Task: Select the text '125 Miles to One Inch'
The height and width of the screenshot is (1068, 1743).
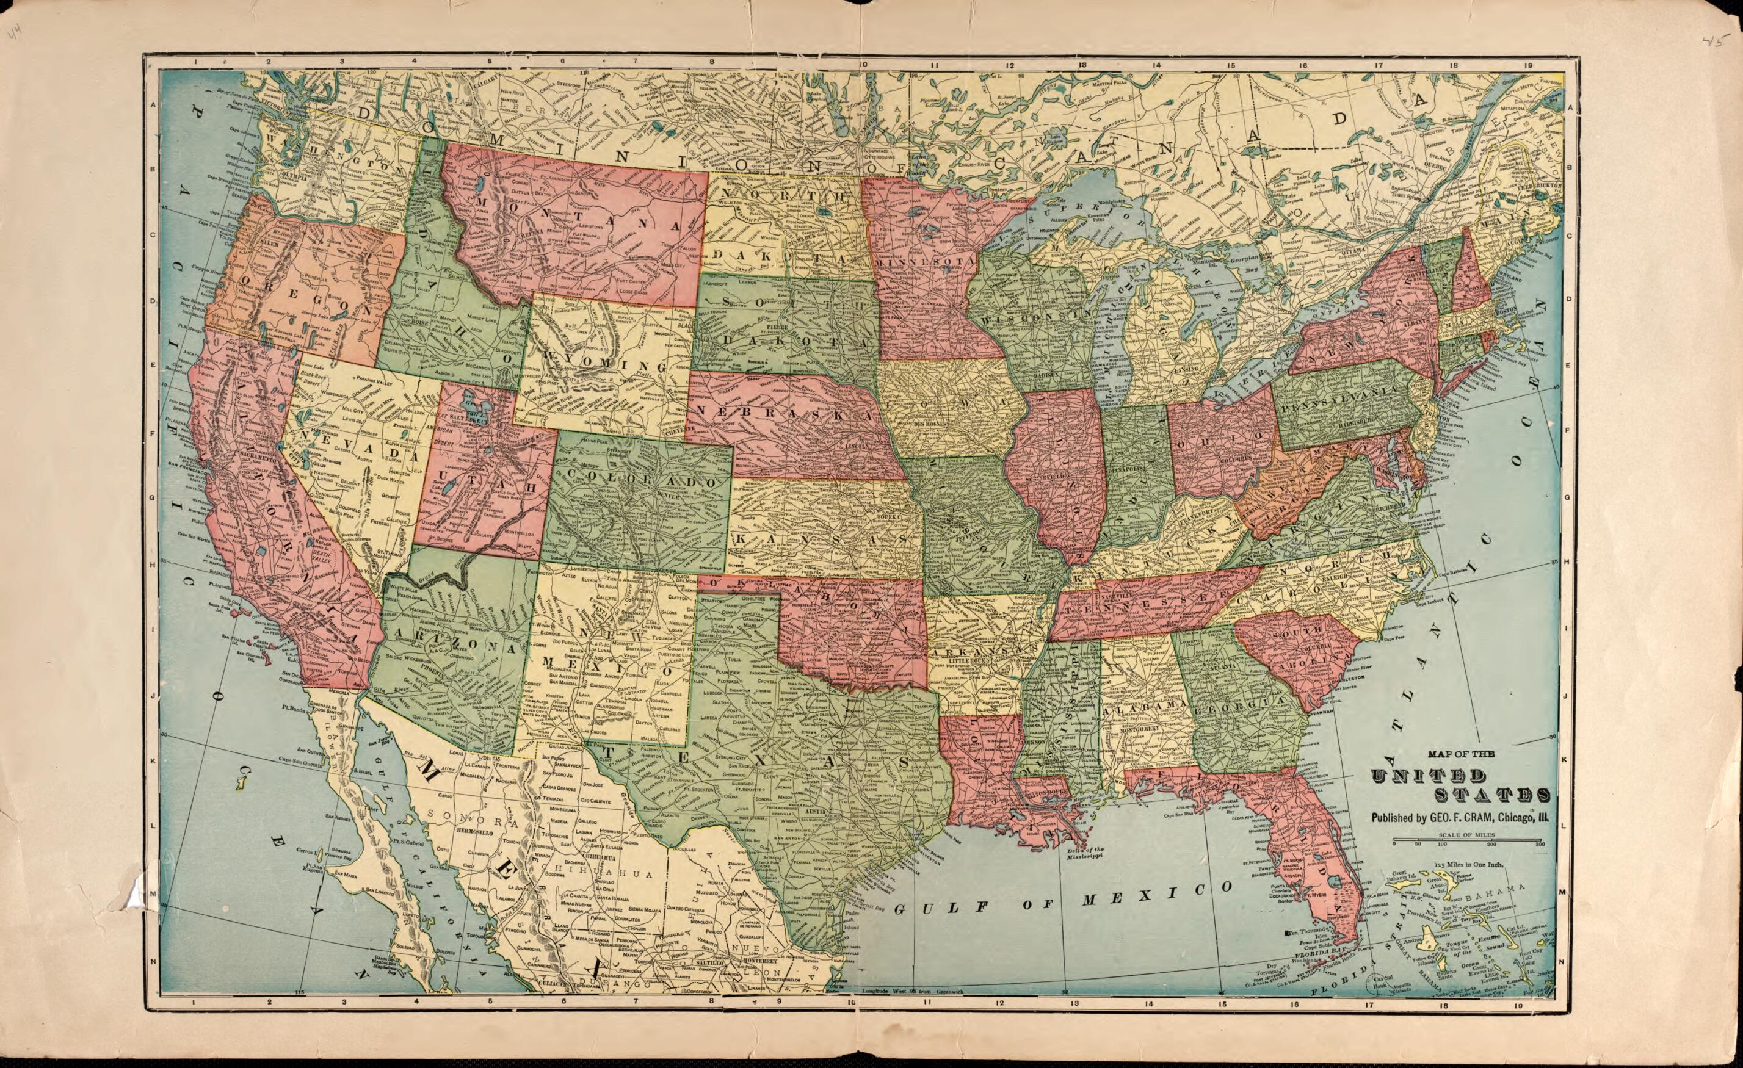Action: pyautogui.click(x=1467, y=864)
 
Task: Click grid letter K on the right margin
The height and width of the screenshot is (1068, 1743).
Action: pyautogui.click(x=1565, y=759)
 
